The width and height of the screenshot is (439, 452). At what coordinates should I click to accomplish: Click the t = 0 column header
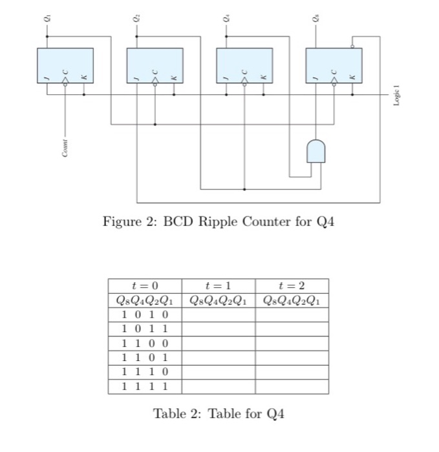[145, 285]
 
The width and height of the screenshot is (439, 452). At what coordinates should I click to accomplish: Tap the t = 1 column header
[218, 285]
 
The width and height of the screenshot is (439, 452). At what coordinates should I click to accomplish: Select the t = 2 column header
[292, 285]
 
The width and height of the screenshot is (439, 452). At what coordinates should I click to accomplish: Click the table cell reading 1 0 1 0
[145, 314]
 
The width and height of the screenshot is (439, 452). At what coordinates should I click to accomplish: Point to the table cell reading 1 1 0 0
[145, 343]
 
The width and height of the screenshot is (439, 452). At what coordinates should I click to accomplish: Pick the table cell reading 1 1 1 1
[145, 386]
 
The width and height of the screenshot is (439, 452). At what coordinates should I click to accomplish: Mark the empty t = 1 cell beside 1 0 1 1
[218, 329]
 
